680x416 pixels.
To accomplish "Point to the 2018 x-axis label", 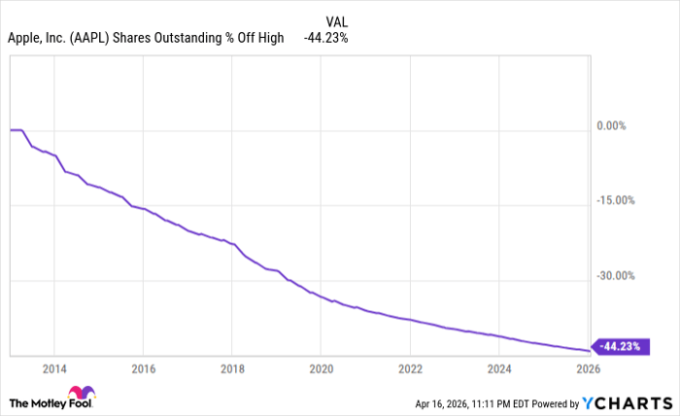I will coord(231,369).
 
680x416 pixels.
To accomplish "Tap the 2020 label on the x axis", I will coord(321,369).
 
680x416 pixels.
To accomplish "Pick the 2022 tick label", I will coord(410,369).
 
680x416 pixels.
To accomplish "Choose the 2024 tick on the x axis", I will coord(499,369).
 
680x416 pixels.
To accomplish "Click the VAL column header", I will coord(335,20).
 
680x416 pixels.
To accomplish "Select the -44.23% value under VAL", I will coord(325,38).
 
